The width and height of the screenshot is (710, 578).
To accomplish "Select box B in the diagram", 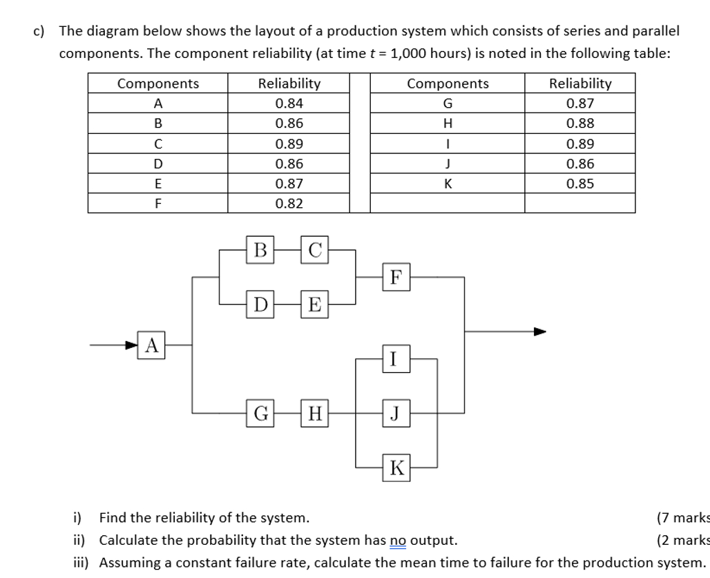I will pyautogui.click(x=260, y=249).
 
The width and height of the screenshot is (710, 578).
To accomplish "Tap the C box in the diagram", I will pyautogui.click(x=315, y=249).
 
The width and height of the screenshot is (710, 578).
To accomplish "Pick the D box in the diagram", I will pyautogui.click(x=260, y=303).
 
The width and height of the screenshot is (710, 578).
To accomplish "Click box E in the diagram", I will pyautogui.click(x=315, y=303).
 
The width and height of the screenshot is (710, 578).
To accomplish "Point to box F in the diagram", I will pyautogui.click(x=394, y=277).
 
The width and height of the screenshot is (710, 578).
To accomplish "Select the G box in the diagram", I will pyautogui.click(x=260, y=414).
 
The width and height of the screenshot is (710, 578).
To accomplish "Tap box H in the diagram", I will pyautogui.click(x=315, y=414).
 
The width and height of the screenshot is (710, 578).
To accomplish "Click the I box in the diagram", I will pyautogui.click(x=394, y=359).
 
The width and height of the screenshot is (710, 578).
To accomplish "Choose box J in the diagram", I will pyautogui.click(x=394, y=414).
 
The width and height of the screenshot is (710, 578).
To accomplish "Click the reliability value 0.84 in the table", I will pyautogui.click(x=289, y=104).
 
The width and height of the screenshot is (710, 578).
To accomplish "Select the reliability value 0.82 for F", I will pyautogui.click(x=289, y=204).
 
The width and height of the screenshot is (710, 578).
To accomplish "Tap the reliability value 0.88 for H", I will pyautogui.click(x=579, y=124).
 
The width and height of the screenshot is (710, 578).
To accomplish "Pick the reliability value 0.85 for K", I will pyautogui.click(x=579, y=184).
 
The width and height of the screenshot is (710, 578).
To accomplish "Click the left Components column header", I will pyautogui.click(x=157, y=84).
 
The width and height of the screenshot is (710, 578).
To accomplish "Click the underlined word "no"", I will pyautogui.click(x=398, y=539).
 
